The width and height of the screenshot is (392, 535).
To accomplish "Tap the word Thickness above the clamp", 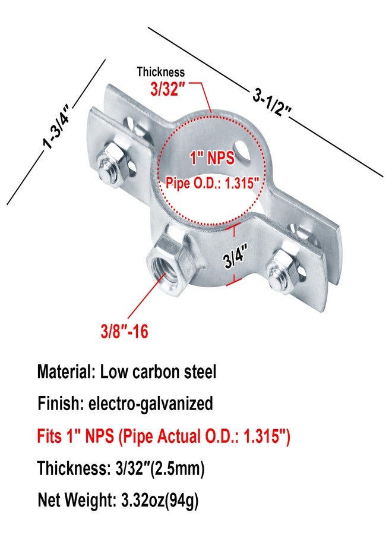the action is tap(160, 72).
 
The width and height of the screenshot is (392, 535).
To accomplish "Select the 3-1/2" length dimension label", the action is tap(271, 102).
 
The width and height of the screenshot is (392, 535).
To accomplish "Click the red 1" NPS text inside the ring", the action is tap(213, 158).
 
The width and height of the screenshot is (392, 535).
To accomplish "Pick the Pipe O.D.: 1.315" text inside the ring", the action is tap(211, 183).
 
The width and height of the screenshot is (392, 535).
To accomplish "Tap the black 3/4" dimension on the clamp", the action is tap(235, 257).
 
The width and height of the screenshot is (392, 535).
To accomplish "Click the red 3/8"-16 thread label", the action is tap(125, 331).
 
